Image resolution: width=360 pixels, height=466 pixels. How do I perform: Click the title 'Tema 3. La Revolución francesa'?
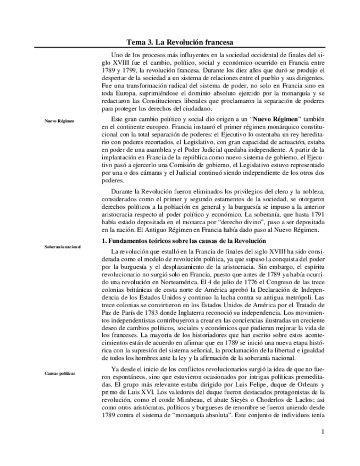click(180, 42)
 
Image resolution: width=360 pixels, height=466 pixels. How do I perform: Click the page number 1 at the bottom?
click(323, 431)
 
